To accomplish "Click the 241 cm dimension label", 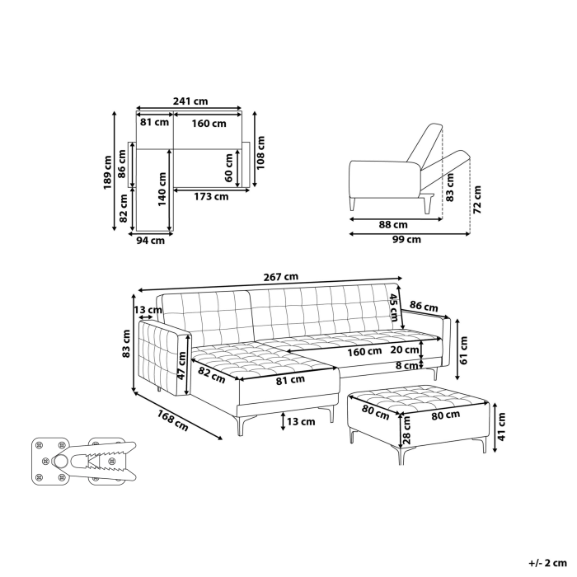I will [190, 101].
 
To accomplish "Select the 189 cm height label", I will [107, 174].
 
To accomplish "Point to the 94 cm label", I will [150, 241].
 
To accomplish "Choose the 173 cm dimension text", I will [211, 196].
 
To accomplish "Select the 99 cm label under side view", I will [406, 240].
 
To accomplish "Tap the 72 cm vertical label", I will [477, 198].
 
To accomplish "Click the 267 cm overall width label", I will [281, 277].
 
